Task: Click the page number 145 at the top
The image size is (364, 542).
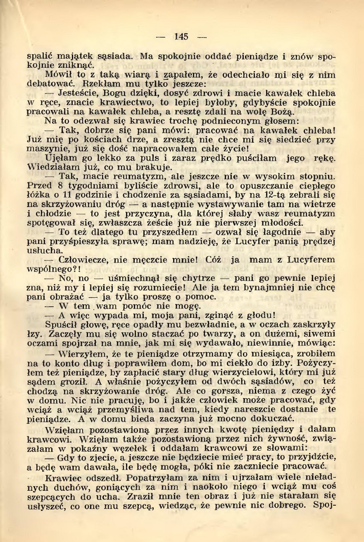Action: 182,37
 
